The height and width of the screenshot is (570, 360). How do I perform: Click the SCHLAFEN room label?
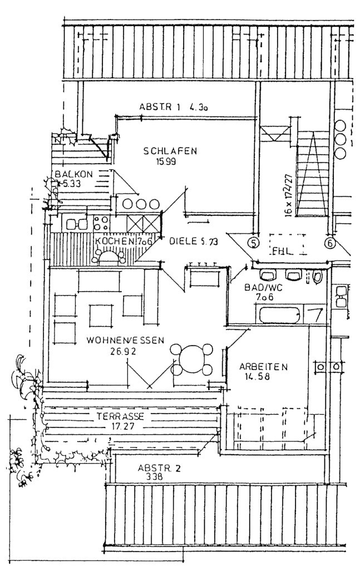coord(170,151)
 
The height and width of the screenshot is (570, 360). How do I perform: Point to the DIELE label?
coord(178,241)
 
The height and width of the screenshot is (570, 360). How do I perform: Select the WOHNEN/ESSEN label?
coord(125,341)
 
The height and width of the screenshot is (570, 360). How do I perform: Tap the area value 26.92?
coord(124,351)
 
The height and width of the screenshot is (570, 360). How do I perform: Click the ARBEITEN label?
coord(263,367)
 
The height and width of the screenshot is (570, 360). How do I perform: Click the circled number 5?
coord(254,243)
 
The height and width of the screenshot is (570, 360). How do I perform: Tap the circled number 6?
coord(329,243)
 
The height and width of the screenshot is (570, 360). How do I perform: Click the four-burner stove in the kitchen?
coord(101,223)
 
